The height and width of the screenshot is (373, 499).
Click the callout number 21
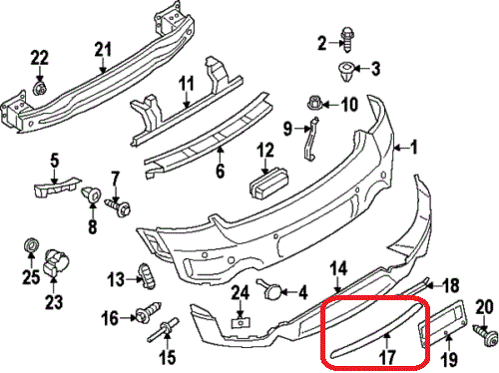[103, 50]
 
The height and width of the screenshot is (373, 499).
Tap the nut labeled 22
[40, 88]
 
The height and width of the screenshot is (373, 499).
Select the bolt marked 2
[346, 40]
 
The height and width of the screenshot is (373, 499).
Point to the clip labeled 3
[345, 72]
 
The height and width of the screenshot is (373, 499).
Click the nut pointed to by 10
[313, 103]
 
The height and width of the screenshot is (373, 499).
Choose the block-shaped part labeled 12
[268, 183]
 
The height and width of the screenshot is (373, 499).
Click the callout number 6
[220, 171]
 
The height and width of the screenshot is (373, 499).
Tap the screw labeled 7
[119, 206]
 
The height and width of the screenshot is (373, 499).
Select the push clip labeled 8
[92, 194]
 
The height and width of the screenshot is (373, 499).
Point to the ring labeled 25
[32, 246]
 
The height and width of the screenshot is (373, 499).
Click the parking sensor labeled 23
[55, 262]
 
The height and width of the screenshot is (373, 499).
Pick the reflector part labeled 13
[147, 276]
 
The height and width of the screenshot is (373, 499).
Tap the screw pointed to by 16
[148, 312]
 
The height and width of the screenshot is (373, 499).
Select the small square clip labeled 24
[241, 322]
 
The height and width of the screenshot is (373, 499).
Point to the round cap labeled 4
[270, 290]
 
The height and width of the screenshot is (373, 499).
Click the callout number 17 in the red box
[387, 357]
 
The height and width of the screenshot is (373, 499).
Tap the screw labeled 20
[484, 336]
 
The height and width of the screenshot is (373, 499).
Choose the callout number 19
[449, 359]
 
